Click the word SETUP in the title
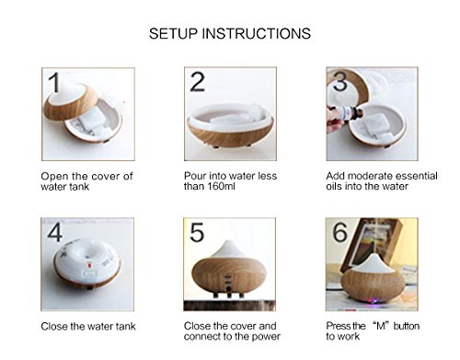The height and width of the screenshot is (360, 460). [x=173, y=33]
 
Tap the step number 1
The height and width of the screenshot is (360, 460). [x=54, y=82]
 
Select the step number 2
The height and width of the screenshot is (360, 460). [x=197, y=82]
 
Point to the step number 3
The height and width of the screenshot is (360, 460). [x=339, y=81]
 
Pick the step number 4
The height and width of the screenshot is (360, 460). [x=55, y=232]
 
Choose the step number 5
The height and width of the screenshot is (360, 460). [x=197, y=232]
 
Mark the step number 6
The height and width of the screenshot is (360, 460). [x=339, y=232]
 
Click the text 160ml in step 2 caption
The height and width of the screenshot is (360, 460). [x=221, y=186]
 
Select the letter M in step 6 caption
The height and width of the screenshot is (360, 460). [x=381, y=326]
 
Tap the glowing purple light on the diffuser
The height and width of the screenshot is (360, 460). [x=374, y=300]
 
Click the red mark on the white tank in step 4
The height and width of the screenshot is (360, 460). [x=89, y=263]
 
